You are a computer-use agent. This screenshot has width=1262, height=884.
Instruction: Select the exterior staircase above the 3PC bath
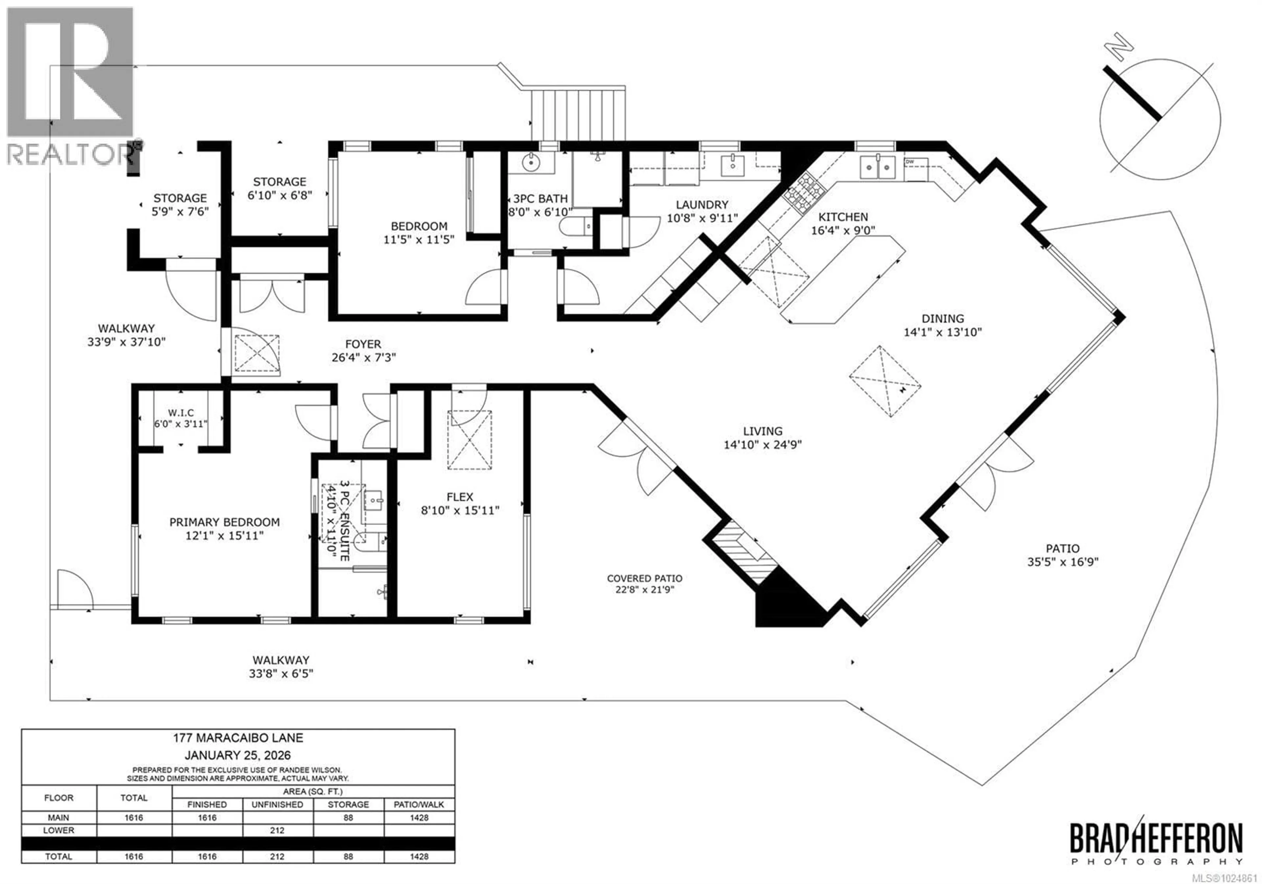[578, 115]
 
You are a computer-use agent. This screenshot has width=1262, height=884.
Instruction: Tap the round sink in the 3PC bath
[530, 162]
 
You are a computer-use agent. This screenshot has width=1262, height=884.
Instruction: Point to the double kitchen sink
[878, 167]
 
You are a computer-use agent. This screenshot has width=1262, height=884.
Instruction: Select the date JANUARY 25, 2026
[238, 756]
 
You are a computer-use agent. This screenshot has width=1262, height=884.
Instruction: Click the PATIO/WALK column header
[419, 804]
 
